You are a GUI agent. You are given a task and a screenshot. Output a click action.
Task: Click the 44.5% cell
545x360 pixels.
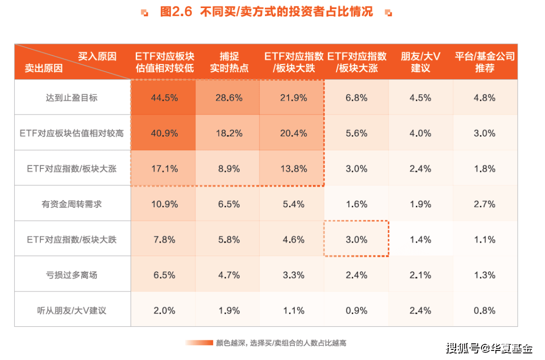point(164,98)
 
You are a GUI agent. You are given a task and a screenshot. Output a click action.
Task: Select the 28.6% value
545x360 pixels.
point(229,98)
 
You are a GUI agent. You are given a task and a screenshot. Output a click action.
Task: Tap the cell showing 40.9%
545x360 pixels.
point(164,133)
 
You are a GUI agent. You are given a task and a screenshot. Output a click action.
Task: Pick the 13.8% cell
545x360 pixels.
point(293,169)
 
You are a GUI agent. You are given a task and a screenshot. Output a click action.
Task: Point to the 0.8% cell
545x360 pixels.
point(484,311)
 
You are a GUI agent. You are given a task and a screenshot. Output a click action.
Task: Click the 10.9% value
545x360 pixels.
point(164,204)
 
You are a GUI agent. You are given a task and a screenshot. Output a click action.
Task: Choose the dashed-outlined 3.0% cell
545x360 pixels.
point(356,239)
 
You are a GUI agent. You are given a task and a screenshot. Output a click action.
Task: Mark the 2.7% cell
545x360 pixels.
point(484,204)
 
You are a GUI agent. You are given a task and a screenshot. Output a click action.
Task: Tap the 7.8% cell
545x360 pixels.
point(164,239)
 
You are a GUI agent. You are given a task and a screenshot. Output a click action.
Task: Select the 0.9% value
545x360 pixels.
point(356,311)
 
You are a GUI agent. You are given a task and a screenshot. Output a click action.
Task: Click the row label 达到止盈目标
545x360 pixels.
point(72,98)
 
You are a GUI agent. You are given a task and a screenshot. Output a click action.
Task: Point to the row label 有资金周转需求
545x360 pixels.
point(72,204)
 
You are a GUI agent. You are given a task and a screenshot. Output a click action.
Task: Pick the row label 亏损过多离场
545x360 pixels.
point(72,275)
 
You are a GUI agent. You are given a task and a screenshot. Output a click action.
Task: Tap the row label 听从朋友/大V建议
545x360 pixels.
point(72,311)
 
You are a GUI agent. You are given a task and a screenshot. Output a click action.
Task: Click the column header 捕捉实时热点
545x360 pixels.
point(229,62)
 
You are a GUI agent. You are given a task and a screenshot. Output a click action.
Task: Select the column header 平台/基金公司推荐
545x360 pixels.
point(484,62)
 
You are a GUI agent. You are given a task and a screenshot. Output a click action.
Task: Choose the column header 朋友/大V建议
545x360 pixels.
point(420,62)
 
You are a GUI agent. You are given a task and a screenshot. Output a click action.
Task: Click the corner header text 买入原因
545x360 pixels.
point(97,56)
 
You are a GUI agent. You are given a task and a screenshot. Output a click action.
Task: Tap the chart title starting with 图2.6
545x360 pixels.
point(266,12)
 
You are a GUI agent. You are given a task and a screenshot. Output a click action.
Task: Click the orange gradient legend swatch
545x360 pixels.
point(199,343)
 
